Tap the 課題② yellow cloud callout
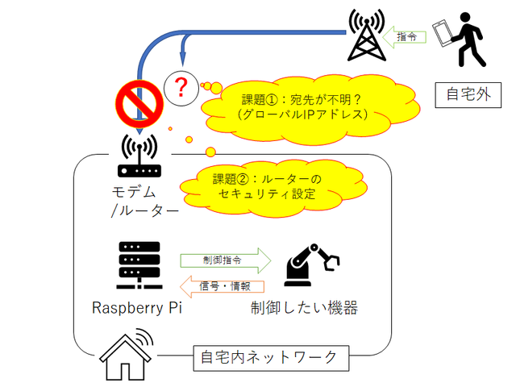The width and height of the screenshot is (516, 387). tap(266, 186)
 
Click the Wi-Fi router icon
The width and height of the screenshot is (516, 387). tap(139, 156)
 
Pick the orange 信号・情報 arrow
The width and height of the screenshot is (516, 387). tap(225, 285)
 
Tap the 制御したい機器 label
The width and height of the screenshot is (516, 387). tap(303, 309)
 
